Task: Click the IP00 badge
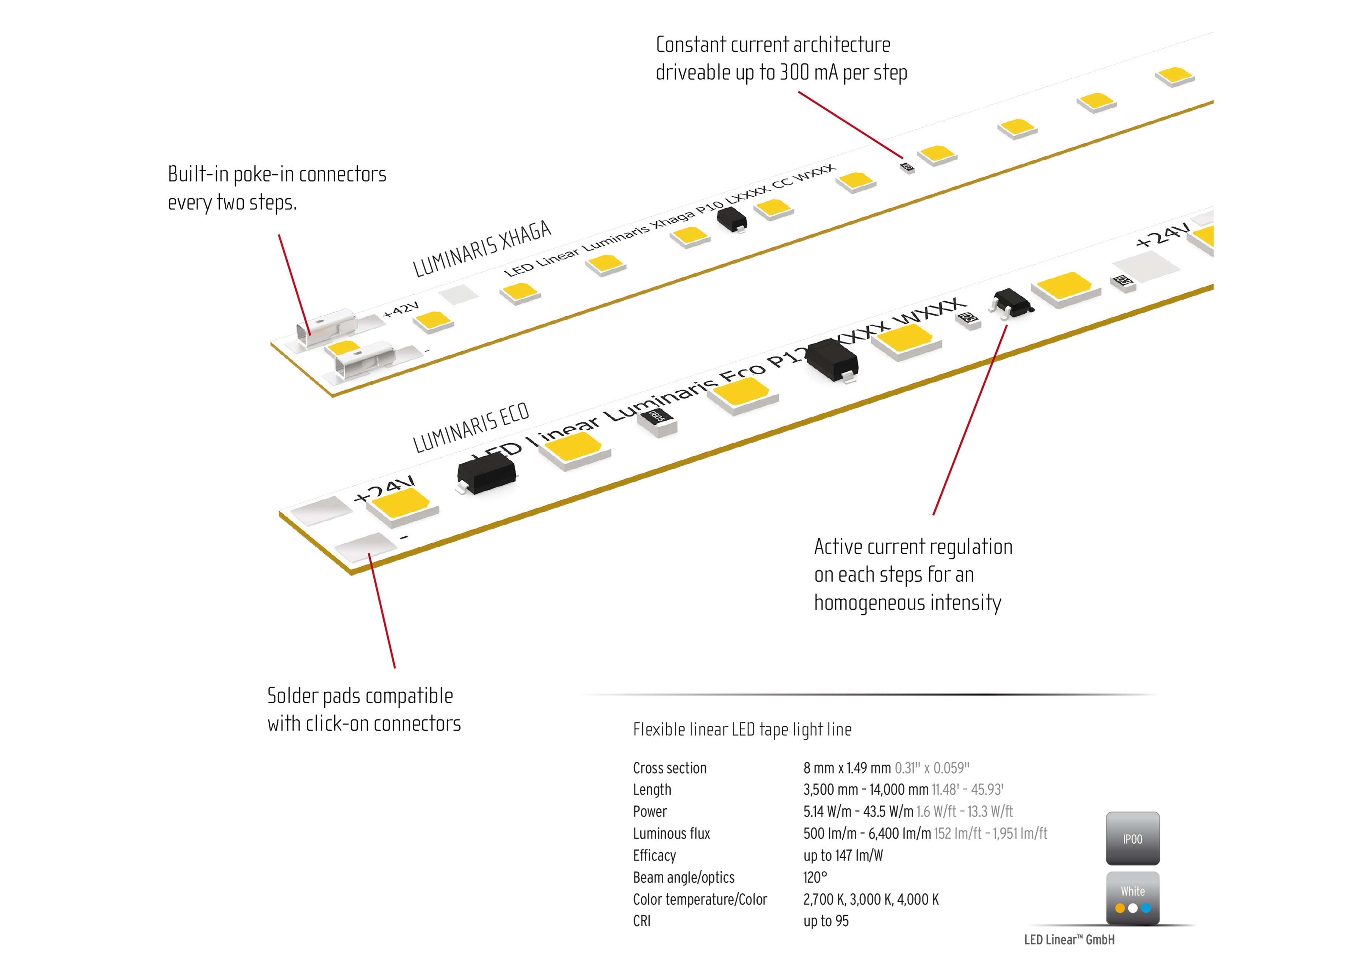[x=1132, y=838]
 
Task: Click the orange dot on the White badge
[x=1120, y=908]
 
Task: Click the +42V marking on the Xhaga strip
[x=401, y=309]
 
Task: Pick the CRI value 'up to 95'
[x=826, y=920]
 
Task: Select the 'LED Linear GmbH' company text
[x=1069, y=939]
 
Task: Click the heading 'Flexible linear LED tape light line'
[x=742, y=729]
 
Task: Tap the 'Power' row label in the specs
[x=650, y=812]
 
